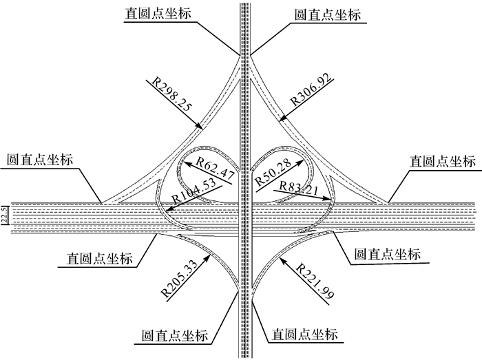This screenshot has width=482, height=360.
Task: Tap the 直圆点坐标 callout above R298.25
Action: pyautogui.click(x=157, y=14)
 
